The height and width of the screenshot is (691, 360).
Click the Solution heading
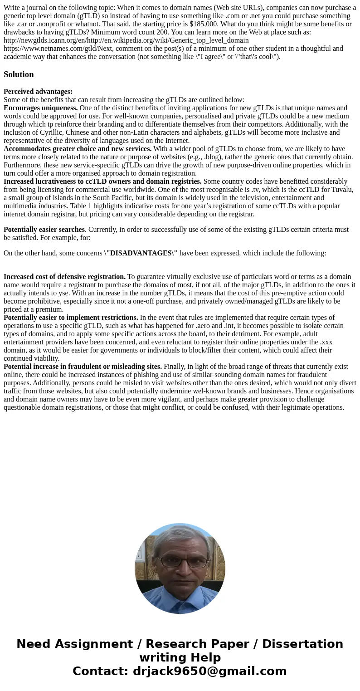(19, 74)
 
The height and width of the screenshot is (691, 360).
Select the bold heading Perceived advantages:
(38, 92)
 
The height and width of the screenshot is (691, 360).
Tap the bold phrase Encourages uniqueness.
(41, 108)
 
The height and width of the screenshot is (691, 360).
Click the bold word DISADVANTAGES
(141, 253)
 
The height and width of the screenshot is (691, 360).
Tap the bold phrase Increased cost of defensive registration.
(64, 277)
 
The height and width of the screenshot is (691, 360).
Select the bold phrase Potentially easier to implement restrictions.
(71, 318)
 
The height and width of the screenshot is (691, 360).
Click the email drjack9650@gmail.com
(209, 671)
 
